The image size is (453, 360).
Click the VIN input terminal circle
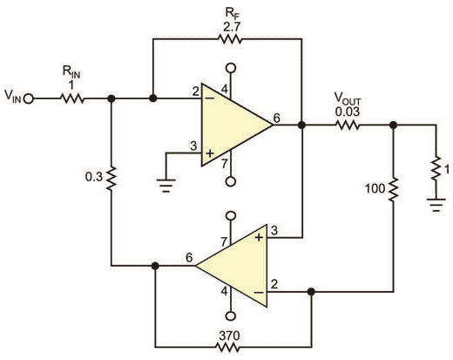point(29,99)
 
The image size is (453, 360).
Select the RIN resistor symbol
point(72,99)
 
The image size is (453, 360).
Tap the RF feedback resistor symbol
point(230,38)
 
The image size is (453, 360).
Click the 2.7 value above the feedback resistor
point(232,28)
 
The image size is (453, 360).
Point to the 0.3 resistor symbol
point(112,179)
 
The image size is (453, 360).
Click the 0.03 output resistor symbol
point(348,126)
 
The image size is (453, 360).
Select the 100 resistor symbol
point(393,189)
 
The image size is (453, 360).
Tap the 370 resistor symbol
point(227,347)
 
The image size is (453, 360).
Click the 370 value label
point(229,336)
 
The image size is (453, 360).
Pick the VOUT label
point(348,99)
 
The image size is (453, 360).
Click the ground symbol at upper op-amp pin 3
point(166,186)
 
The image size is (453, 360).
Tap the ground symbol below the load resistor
point(436,205)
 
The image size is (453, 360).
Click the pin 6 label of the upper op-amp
point(277,119)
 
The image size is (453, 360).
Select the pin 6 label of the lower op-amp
point(189,257)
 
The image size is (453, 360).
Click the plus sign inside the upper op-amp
point(210,153)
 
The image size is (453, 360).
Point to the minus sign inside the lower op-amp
point(259,293)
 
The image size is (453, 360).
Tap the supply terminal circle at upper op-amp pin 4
point(231,68)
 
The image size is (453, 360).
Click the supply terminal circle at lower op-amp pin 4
point(231,316)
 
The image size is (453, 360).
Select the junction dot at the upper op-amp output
point(302,126)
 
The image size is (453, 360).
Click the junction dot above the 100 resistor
point(393,126)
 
